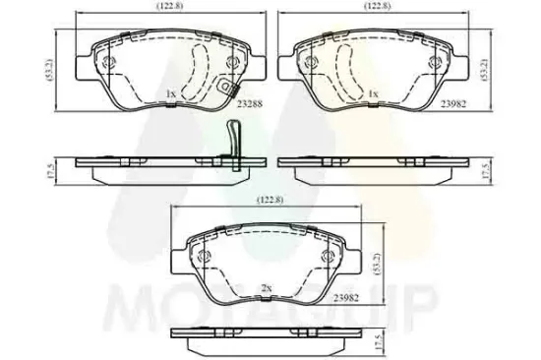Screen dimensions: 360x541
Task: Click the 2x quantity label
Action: [266, 288]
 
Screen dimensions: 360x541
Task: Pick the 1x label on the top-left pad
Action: [170, 94]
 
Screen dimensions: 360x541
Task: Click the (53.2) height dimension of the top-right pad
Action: [483, 69]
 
